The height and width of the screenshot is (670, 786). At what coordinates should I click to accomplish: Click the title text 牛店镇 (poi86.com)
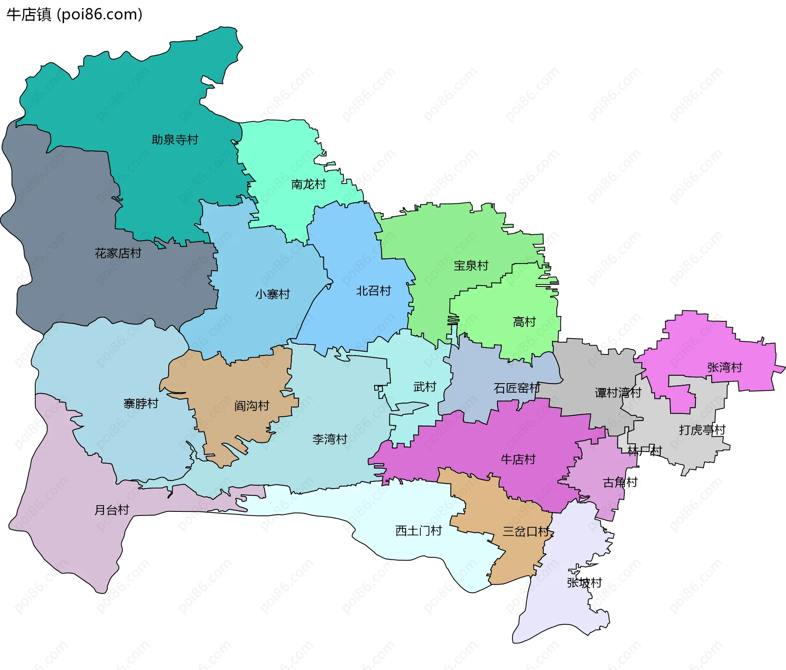(74, 14)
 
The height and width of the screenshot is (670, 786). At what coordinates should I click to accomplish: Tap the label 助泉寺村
(175, 140)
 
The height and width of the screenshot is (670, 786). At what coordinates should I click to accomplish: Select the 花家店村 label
(118, 253)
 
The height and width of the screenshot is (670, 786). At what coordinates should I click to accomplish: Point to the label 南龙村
(308, 184)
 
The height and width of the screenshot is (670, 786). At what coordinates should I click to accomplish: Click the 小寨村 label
(272, 294)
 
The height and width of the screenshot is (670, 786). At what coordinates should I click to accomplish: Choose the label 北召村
(373, 291)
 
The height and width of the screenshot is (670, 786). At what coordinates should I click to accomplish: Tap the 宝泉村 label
(471, 266)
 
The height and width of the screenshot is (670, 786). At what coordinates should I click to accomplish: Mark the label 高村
(524, 322)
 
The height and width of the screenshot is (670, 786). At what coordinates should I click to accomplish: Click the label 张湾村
(725, 367)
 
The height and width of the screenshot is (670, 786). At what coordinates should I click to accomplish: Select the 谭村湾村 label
(618, 393)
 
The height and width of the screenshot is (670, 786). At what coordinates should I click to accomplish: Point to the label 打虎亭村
(702, 430)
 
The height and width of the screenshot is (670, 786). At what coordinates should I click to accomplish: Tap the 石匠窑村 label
(517, 388)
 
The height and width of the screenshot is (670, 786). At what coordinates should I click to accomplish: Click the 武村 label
(425, 386)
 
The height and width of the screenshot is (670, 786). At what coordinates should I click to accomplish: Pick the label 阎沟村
(251, 406)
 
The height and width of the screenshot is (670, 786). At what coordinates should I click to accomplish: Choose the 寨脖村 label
(141, 404)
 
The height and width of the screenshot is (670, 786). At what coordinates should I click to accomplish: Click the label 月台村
(112, 510)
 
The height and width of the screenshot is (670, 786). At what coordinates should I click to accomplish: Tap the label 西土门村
(418, 531)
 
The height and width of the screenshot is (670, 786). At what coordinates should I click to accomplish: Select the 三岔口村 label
(526, 531)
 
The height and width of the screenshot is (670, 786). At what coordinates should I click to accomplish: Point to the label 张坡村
(584, 582)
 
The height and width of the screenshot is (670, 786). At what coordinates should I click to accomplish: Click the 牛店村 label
(518, 459)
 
